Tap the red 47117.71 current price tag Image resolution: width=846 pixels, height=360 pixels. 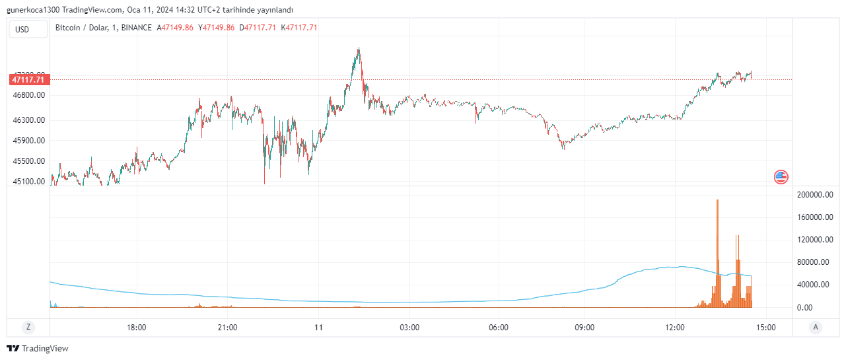pyautogui.click(x=28, y=80)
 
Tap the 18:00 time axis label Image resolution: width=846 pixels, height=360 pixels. pyautogui.click(x=136, y=327)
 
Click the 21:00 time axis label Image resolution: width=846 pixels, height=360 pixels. pyautogui.click(x=227, y=327)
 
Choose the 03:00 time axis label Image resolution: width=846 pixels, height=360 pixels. pyautogui.click(x=409, y=327)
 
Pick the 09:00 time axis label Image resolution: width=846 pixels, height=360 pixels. pyautogui.click(x=584, y=327)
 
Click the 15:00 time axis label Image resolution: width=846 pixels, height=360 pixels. pyautogui.click(x=765, y=327)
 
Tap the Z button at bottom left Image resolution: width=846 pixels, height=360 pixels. pyautogui.click(x=28, y=327)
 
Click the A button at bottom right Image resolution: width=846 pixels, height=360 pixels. pyautogui.click(x=816, y=327)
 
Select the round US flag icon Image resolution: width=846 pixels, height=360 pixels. pyautogui.click(x=781, y=176)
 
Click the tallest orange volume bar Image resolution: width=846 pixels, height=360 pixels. pyautogui.click(x=717, y=254)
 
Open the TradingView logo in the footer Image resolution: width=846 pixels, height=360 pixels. pyautogui.click(x=38, y=348)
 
